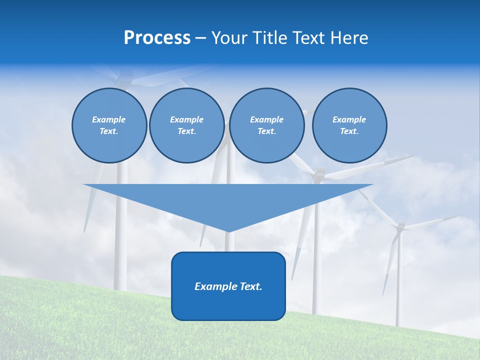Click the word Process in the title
(157, 38)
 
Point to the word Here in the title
(349, 38)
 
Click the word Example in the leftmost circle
(109, 119)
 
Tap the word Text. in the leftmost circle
(109, 131)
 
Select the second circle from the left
(186, 125)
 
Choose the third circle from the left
(266, 125)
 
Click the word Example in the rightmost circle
(349, 119)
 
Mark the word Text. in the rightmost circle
(349, 131)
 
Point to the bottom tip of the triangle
(228, 231)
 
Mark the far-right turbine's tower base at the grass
(398, 325)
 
